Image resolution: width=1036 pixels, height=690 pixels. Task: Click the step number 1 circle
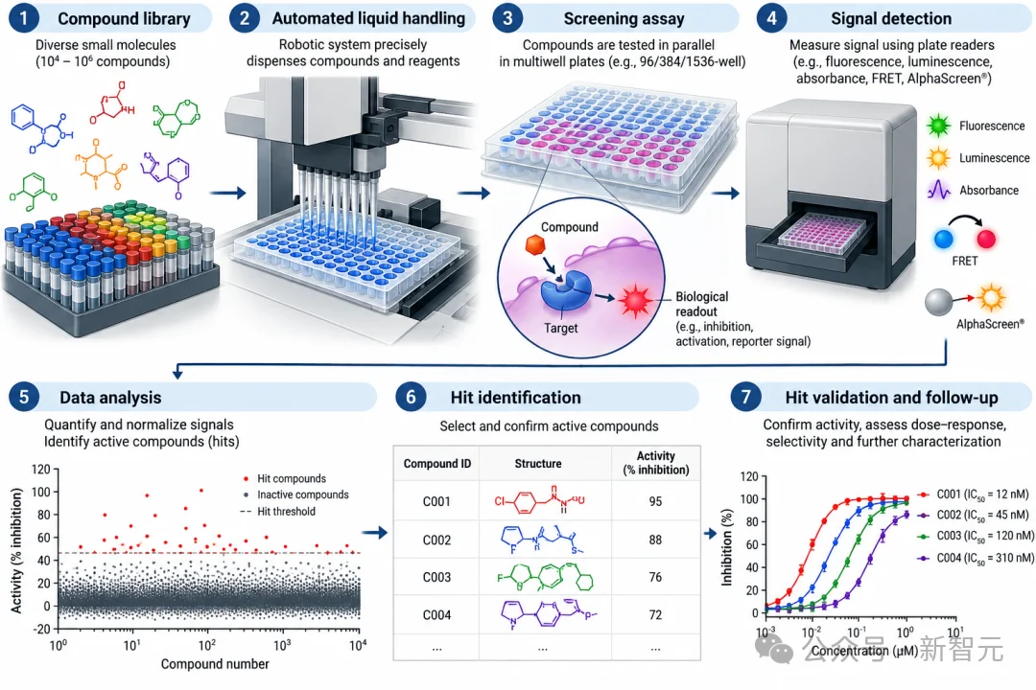click(24, 18)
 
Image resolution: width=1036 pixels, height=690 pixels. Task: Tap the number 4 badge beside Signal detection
click(771, 18)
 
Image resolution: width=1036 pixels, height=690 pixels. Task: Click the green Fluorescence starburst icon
click(938, 126)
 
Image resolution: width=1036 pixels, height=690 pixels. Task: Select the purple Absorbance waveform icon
click(939, 190)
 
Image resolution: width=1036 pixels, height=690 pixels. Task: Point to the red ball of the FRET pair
click(986, 239)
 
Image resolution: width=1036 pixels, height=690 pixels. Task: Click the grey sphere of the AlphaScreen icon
click(939, 303)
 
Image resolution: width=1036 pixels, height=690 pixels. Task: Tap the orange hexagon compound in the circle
click(534, 245)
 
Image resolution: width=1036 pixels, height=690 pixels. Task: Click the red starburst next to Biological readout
click(635, 300)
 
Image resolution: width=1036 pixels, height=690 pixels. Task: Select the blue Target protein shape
click(565, 289)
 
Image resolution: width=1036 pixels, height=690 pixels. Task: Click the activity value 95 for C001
click(655, 501)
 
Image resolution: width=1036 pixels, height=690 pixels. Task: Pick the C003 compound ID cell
click(436, 577)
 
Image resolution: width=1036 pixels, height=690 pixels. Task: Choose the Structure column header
click(538, 464)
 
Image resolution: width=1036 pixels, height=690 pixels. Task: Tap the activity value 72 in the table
click(655, 614)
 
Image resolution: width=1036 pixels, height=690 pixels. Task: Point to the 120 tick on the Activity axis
click(41, 469)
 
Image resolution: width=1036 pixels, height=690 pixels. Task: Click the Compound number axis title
click(215, 663)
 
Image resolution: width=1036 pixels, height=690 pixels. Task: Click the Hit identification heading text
click(516, 397)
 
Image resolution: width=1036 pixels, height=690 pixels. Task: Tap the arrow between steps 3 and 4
click(725, 194)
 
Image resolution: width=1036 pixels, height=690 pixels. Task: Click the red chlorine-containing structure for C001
click(539, 501)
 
